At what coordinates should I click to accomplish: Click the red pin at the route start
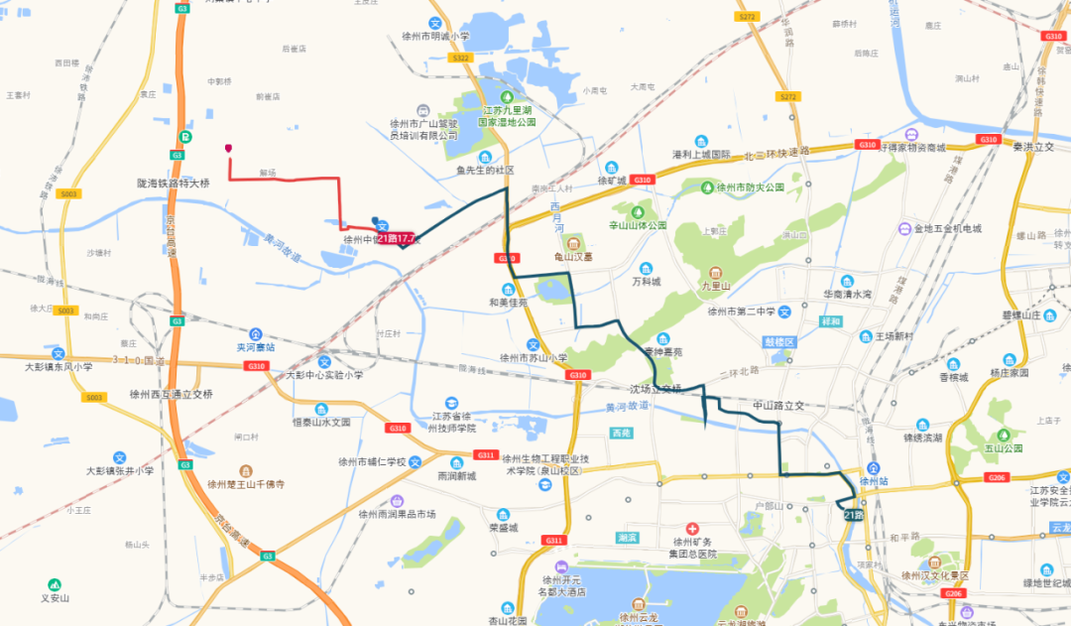click(x=229, y=149)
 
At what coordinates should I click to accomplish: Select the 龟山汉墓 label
click(x=572, y=256)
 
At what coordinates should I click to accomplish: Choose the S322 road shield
click(x=459, y=59)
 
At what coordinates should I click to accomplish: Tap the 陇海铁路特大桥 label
click(x=174, y=184)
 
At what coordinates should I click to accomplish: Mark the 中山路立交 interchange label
click(x=777, y=405)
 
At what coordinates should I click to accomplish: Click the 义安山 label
click(x=55, y=597)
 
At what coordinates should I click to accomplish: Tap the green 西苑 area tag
click(x=621, y=434)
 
